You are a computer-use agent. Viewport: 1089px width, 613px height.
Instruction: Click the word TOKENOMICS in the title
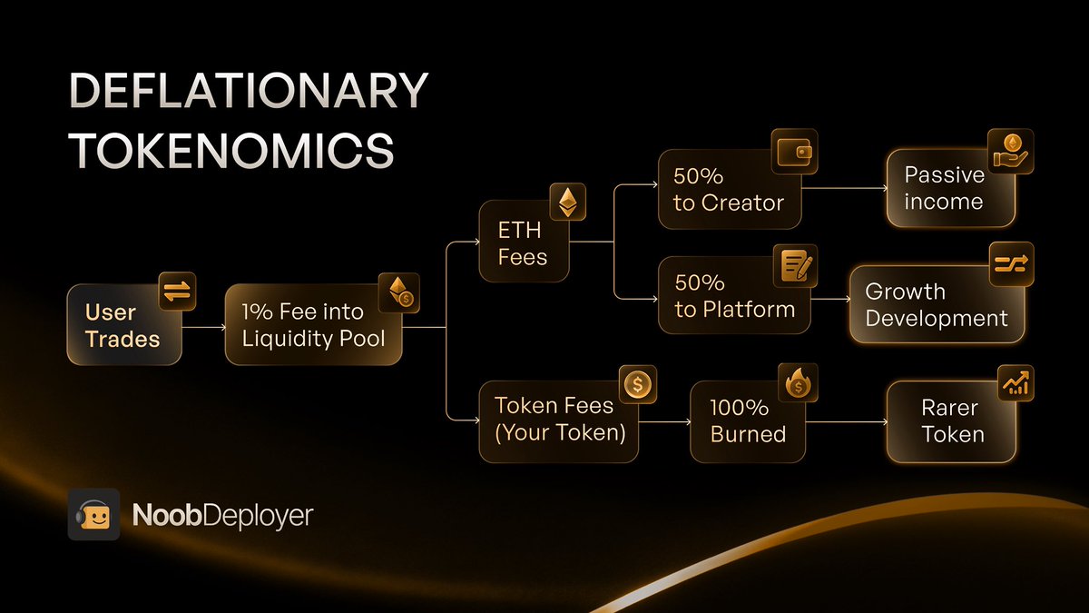231,151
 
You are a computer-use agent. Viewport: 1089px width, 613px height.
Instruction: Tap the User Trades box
123,325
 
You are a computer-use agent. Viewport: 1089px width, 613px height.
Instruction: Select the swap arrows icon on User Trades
176,290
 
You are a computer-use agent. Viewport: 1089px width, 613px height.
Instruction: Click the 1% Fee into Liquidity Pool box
313,325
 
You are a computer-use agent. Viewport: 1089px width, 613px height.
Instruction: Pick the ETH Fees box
524,243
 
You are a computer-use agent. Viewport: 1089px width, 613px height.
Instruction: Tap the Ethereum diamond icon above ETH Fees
568,203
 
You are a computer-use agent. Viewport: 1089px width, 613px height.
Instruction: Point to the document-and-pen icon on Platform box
796,266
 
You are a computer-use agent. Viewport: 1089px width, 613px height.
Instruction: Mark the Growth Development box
937,305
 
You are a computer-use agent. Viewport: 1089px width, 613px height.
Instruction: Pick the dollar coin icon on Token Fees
638,384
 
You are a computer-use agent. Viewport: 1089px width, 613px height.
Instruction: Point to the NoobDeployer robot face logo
93,515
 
